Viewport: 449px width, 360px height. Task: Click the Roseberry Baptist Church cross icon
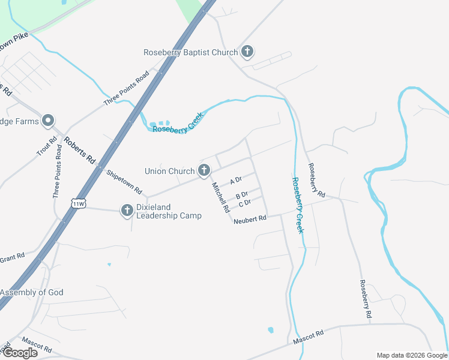pos(247,52)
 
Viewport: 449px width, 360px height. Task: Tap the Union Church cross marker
pos(204,171)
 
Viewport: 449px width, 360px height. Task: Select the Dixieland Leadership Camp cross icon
pos(127,211)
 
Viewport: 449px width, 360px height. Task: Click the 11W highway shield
pos(77,203)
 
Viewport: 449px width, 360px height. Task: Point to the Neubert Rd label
pos(250,220)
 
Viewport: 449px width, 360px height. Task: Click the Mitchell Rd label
pos(220,199)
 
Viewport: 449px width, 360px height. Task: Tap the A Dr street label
pos(235,181)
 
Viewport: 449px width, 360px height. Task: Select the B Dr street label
pos(242,195)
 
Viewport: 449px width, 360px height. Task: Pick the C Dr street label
pos(244,203)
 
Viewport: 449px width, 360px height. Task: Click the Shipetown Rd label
pos(124,182)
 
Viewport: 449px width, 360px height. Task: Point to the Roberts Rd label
pos(80,152)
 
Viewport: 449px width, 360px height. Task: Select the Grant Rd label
pos(12,257)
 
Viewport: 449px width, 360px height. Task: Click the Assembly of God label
pos(31,293)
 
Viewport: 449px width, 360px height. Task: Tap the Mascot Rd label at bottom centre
pos(308,337)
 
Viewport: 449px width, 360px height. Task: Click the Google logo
pos(19,353)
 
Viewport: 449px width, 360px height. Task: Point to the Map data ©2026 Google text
pos(412,355)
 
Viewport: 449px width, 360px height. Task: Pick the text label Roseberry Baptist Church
pos(190,52)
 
